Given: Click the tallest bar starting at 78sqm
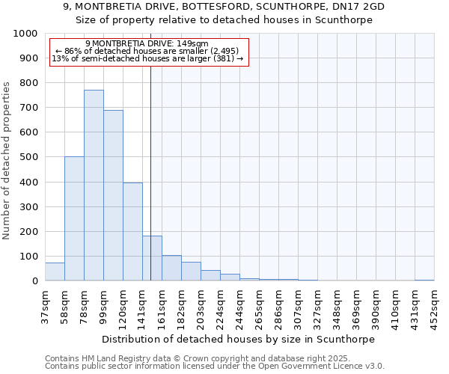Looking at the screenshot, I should pos(94,186).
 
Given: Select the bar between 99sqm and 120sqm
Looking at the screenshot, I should pos(113,196).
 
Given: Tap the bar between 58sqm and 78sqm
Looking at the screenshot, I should pos(74,218).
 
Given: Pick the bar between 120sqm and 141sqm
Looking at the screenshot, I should pos(132,232).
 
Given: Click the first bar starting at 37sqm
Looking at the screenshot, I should pos(55,272).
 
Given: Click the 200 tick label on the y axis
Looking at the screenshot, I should pos(29,232).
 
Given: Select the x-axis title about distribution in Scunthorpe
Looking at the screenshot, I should pos(239,339).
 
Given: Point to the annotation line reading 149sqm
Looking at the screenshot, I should pos(147,44).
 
